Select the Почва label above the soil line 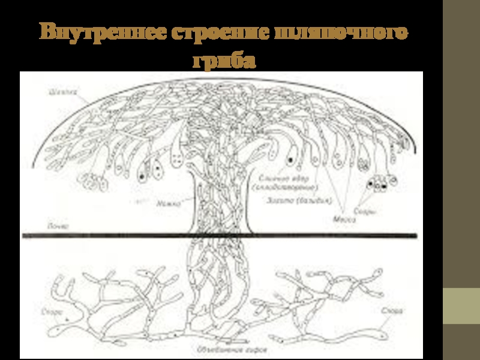[58, 227]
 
